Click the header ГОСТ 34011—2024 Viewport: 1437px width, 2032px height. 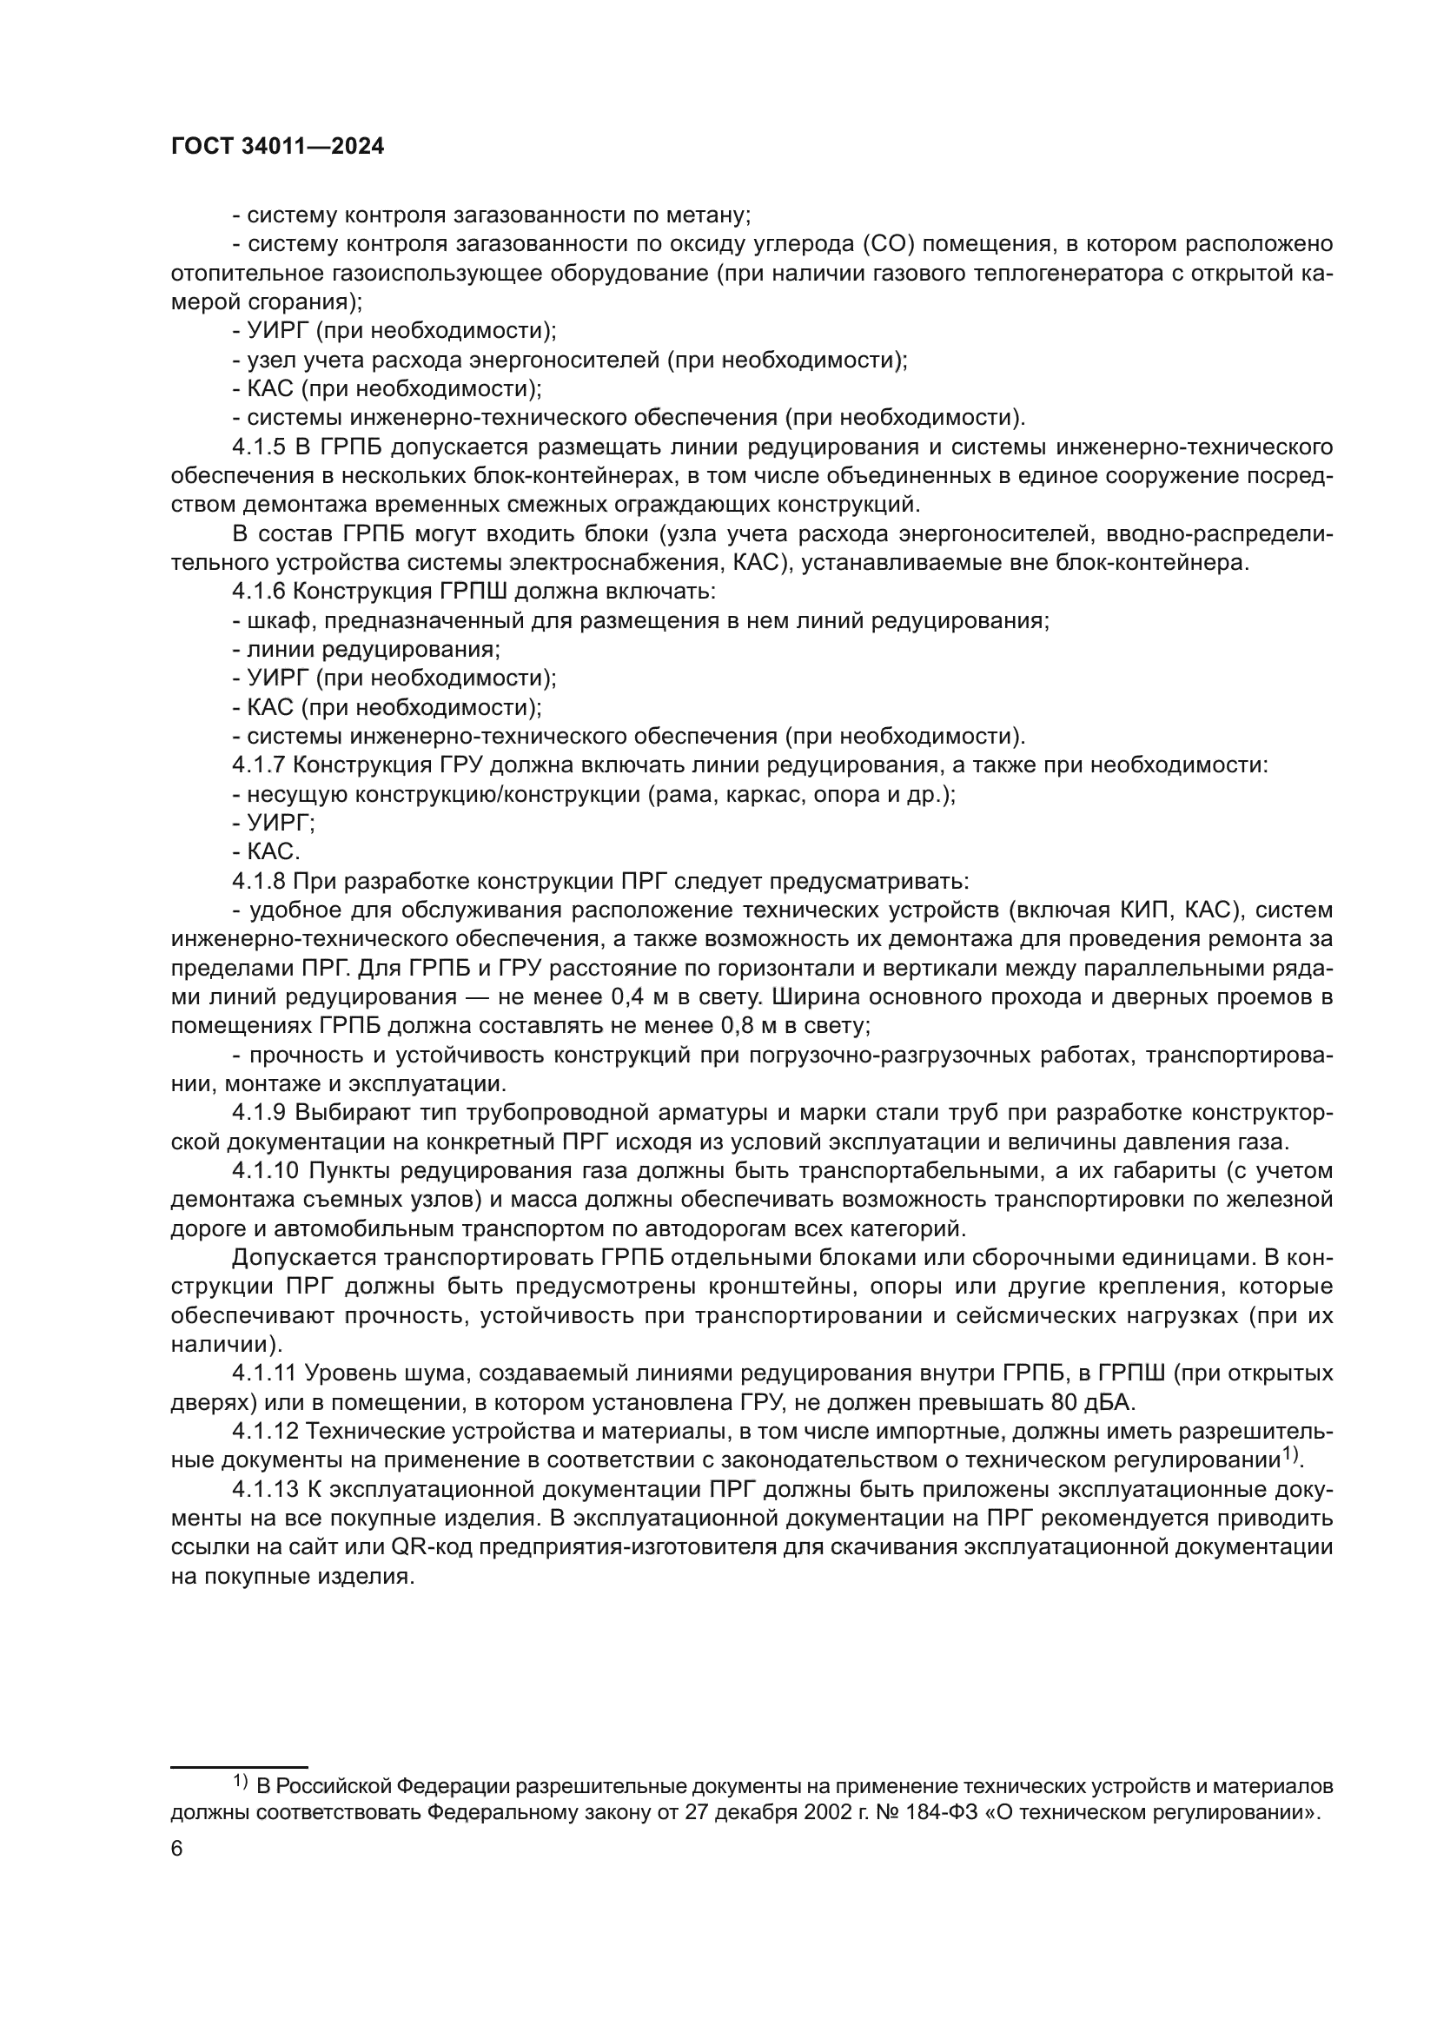click(x=277, y=147)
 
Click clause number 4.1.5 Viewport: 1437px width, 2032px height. click(x=259, y=447)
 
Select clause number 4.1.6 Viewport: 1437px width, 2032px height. click(x=259, y=592)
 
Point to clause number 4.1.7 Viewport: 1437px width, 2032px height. click(x=259, y=764)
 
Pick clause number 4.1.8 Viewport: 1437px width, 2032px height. click(x=259, y=881)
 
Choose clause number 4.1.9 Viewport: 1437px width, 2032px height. click(x=259, y=1112)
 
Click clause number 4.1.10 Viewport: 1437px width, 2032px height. click(x=265, y=1170)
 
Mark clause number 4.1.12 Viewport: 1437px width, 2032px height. click(x=265, y=1430)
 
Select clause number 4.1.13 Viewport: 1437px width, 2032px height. click(x=265, y=1489)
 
